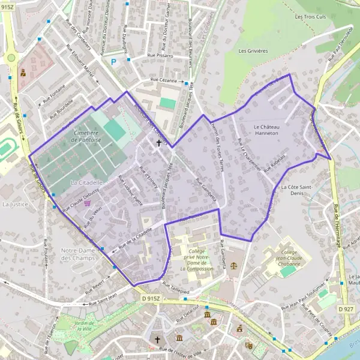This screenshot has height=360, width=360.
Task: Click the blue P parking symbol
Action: coord(113,61)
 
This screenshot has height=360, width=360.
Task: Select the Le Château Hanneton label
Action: coord(266,130)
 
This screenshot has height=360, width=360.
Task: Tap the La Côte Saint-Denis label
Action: coord(297,190)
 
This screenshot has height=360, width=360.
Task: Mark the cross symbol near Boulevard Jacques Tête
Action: coord(159,143)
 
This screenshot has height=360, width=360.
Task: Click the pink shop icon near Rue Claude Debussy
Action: coord(88,203)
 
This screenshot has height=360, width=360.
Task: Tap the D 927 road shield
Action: coord(345,308)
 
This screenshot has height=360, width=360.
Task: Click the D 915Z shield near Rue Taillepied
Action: coord(152,298)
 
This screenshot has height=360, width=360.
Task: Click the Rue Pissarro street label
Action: coord(157,56)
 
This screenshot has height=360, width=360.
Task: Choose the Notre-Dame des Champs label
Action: coord(79,254)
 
